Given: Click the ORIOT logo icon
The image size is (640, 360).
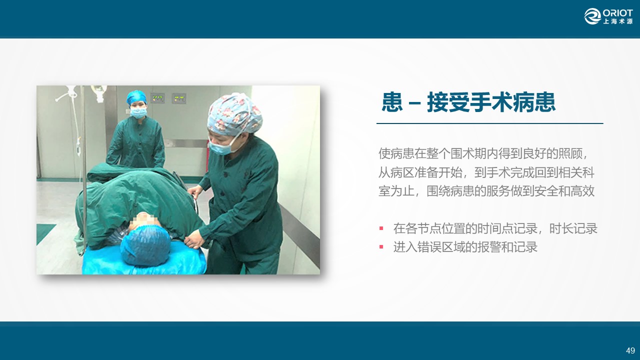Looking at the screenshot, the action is pos(592,16).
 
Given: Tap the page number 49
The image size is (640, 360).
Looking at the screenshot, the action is pos(630,350).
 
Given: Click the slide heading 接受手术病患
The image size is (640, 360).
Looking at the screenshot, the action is pos(491,102).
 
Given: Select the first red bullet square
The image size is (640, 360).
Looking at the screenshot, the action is pos(381,228).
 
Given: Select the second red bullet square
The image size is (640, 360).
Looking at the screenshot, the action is pos(381,246).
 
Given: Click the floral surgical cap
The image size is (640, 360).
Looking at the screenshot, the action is pos(234,114).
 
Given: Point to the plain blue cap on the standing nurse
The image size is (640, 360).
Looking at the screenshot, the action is pos(136,97).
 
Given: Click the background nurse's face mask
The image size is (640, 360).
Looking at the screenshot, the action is pos(138,112).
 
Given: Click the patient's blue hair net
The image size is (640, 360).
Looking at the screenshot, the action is pos(145,245).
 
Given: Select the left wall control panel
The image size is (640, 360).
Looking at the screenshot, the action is pos(157,98).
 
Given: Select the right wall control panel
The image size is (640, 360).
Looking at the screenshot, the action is pos(179,98).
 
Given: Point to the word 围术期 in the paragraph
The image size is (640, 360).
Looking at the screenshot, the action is pos(468,153).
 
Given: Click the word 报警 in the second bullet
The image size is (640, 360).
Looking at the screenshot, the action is pos(489,247).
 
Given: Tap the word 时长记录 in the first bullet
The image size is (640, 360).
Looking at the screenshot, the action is pos(573,228).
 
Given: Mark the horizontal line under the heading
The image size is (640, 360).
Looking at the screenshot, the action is pos(489,123).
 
